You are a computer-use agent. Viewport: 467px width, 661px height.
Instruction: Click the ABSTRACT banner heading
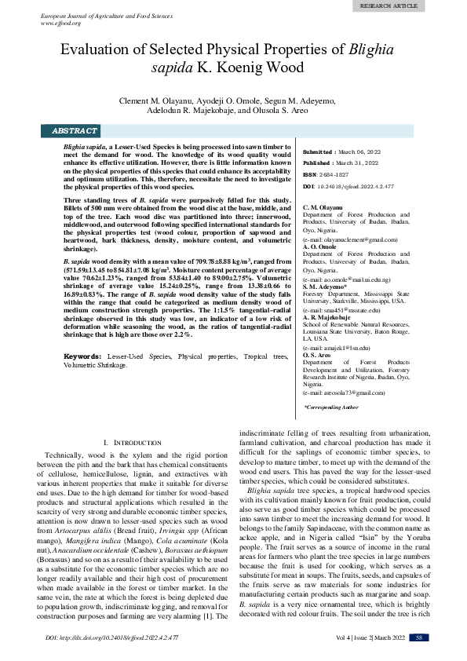tap(75, 131)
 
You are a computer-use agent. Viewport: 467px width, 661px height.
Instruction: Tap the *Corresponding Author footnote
tap(331, 407)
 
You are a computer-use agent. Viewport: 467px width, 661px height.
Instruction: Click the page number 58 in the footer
tap(421, 638)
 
